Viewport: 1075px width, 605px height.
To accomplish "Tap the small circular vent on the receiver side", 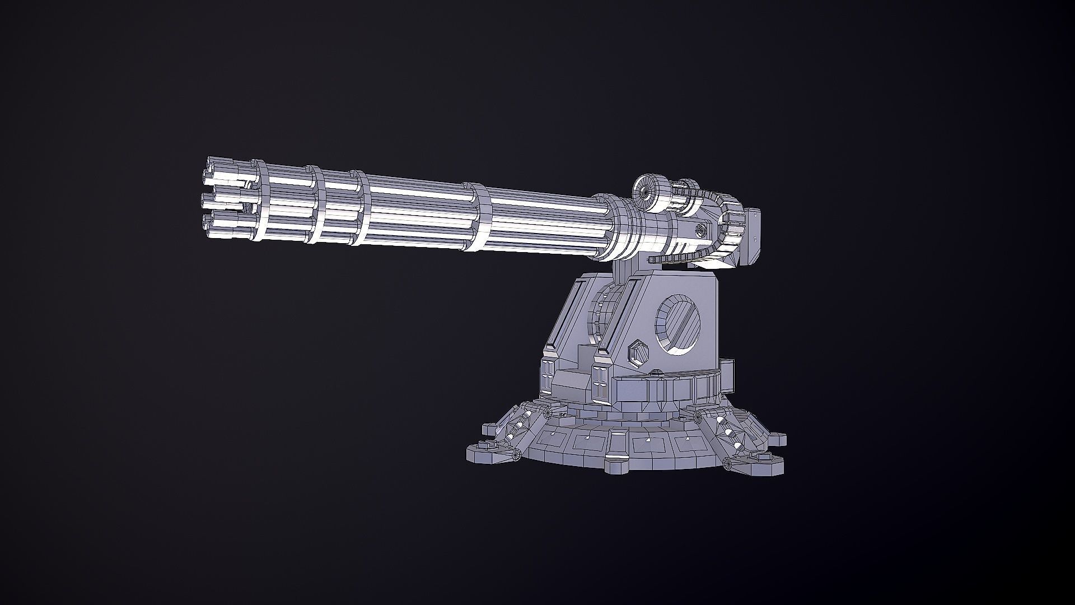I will tap(700, 231).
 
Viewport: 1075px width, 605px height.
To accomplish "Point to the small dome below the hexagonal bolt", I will tap(655, 371).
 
